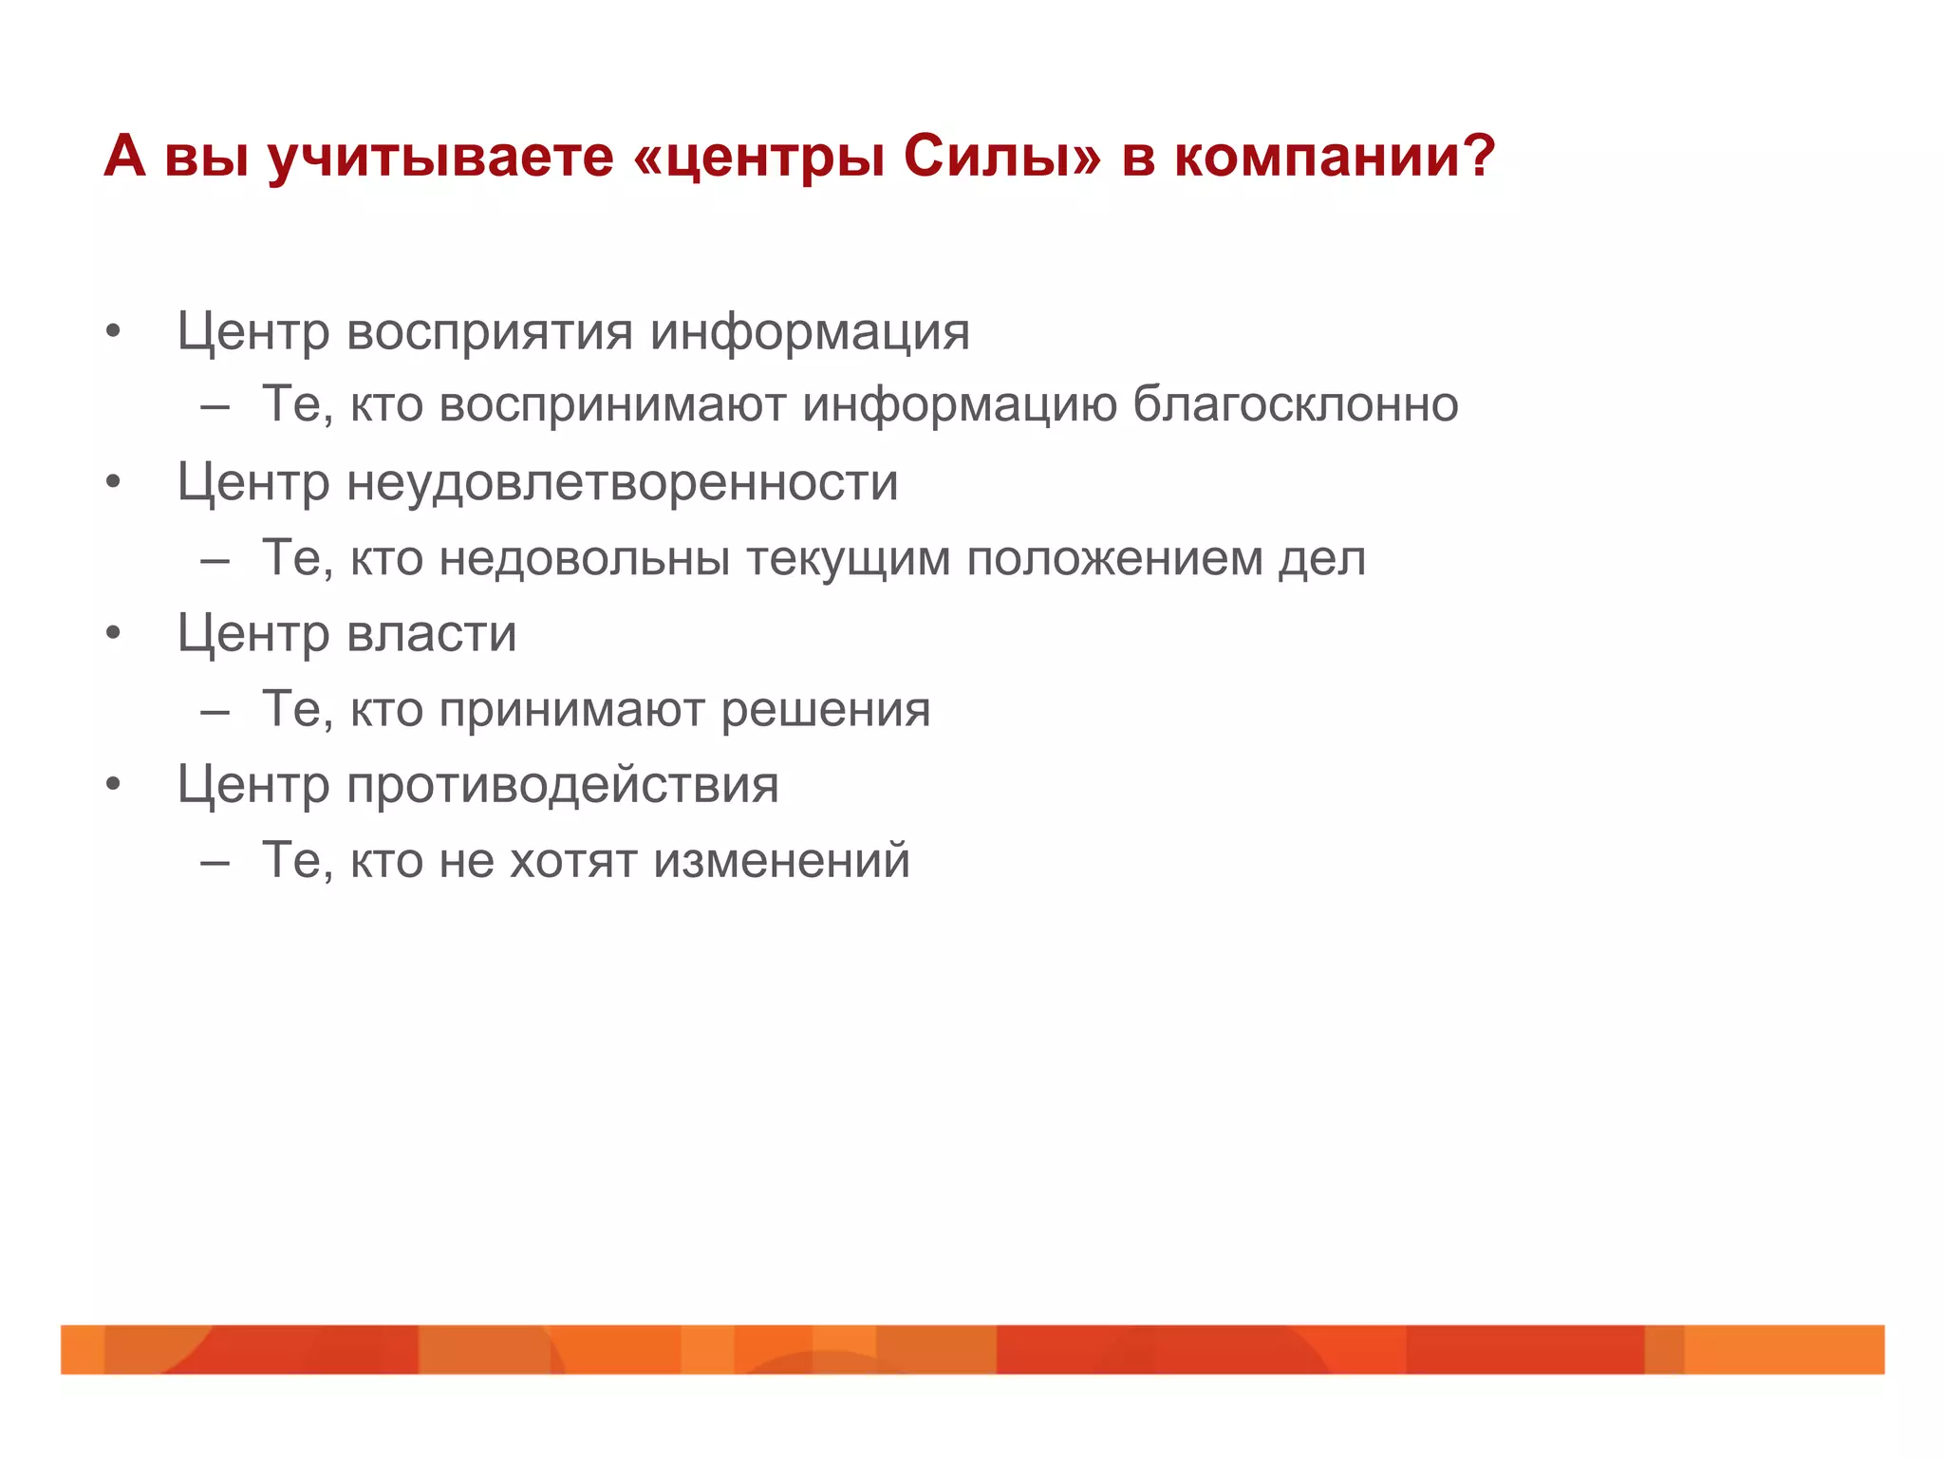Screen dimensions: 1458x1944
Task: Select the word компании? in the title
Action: pyautogui.click(x=1335, y=157)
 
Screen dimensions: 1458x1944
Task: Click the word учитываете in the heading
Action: pyautogui.click(x=440, y=157)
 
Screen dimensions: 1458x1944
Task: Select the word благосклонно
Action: pyautogui.click(x=1296, y=406)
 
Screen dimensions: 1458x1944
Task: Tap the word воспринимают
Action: pyautogui.click(x=612, y=406)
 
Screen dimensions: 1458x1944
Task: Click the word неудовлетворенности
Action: pyautogui.click(x=622, y=484)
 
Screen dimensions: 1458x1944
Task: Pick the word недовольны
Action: pyautogui.click(x=585, y=558)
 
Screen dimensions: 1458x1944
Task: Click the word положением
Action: pyautogui.click(x=1114, y=558)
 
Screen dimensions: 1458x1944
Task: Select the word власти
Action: pyautogui.click(x=432, y=634)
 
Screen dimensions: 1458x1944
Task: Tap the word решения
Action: pyautogui.click(x=826, y=710)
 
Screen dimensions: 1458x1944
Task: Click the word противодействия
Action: pyautogui.click(x=562, y=786)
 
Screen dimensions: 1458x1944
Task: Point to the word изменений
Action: pyautogui.click(x=782, y=861)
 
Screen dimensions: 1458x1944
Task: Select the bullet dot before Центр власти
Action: pyautogui.click(x=114, y=633)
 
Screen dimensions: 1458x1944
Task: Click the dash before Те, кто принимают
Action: pyautogui.click(x=215, y=712)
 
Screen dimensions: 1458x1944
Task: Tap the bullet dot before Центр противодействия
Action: pyautogui.click(x=114, y=785)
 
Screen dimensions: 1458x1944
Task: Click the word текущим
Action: pyautogui.click(x=848, y=558)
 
